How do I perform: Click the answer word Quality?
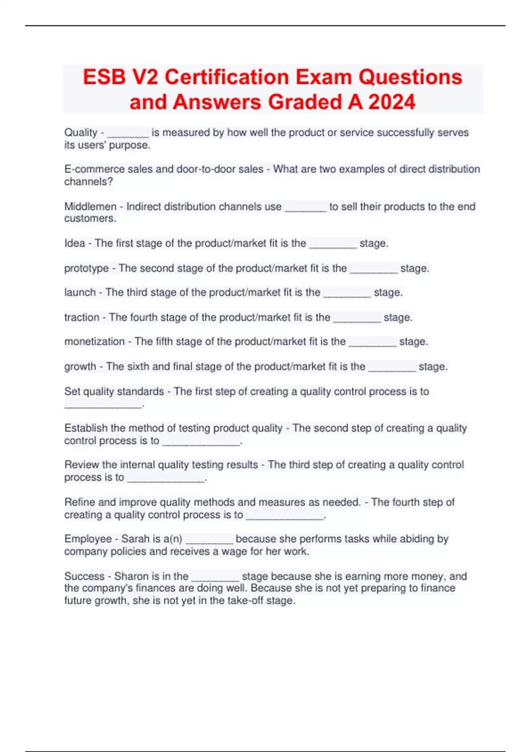(81, 133)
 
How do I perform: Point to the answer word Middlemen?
(90, 207)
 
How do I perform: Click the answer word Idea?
(74, 243)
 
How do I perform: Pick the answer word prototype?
(86, 269)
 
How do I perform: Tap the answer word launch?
(80, 292)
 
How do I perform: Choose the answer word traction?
(82, 318)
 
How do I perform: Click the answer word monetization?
(94, 341)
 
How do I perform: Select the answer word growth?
(80, 367)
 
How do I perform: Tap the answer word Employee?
(88, 539)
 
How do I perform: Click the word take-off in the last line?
(245, 601)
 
